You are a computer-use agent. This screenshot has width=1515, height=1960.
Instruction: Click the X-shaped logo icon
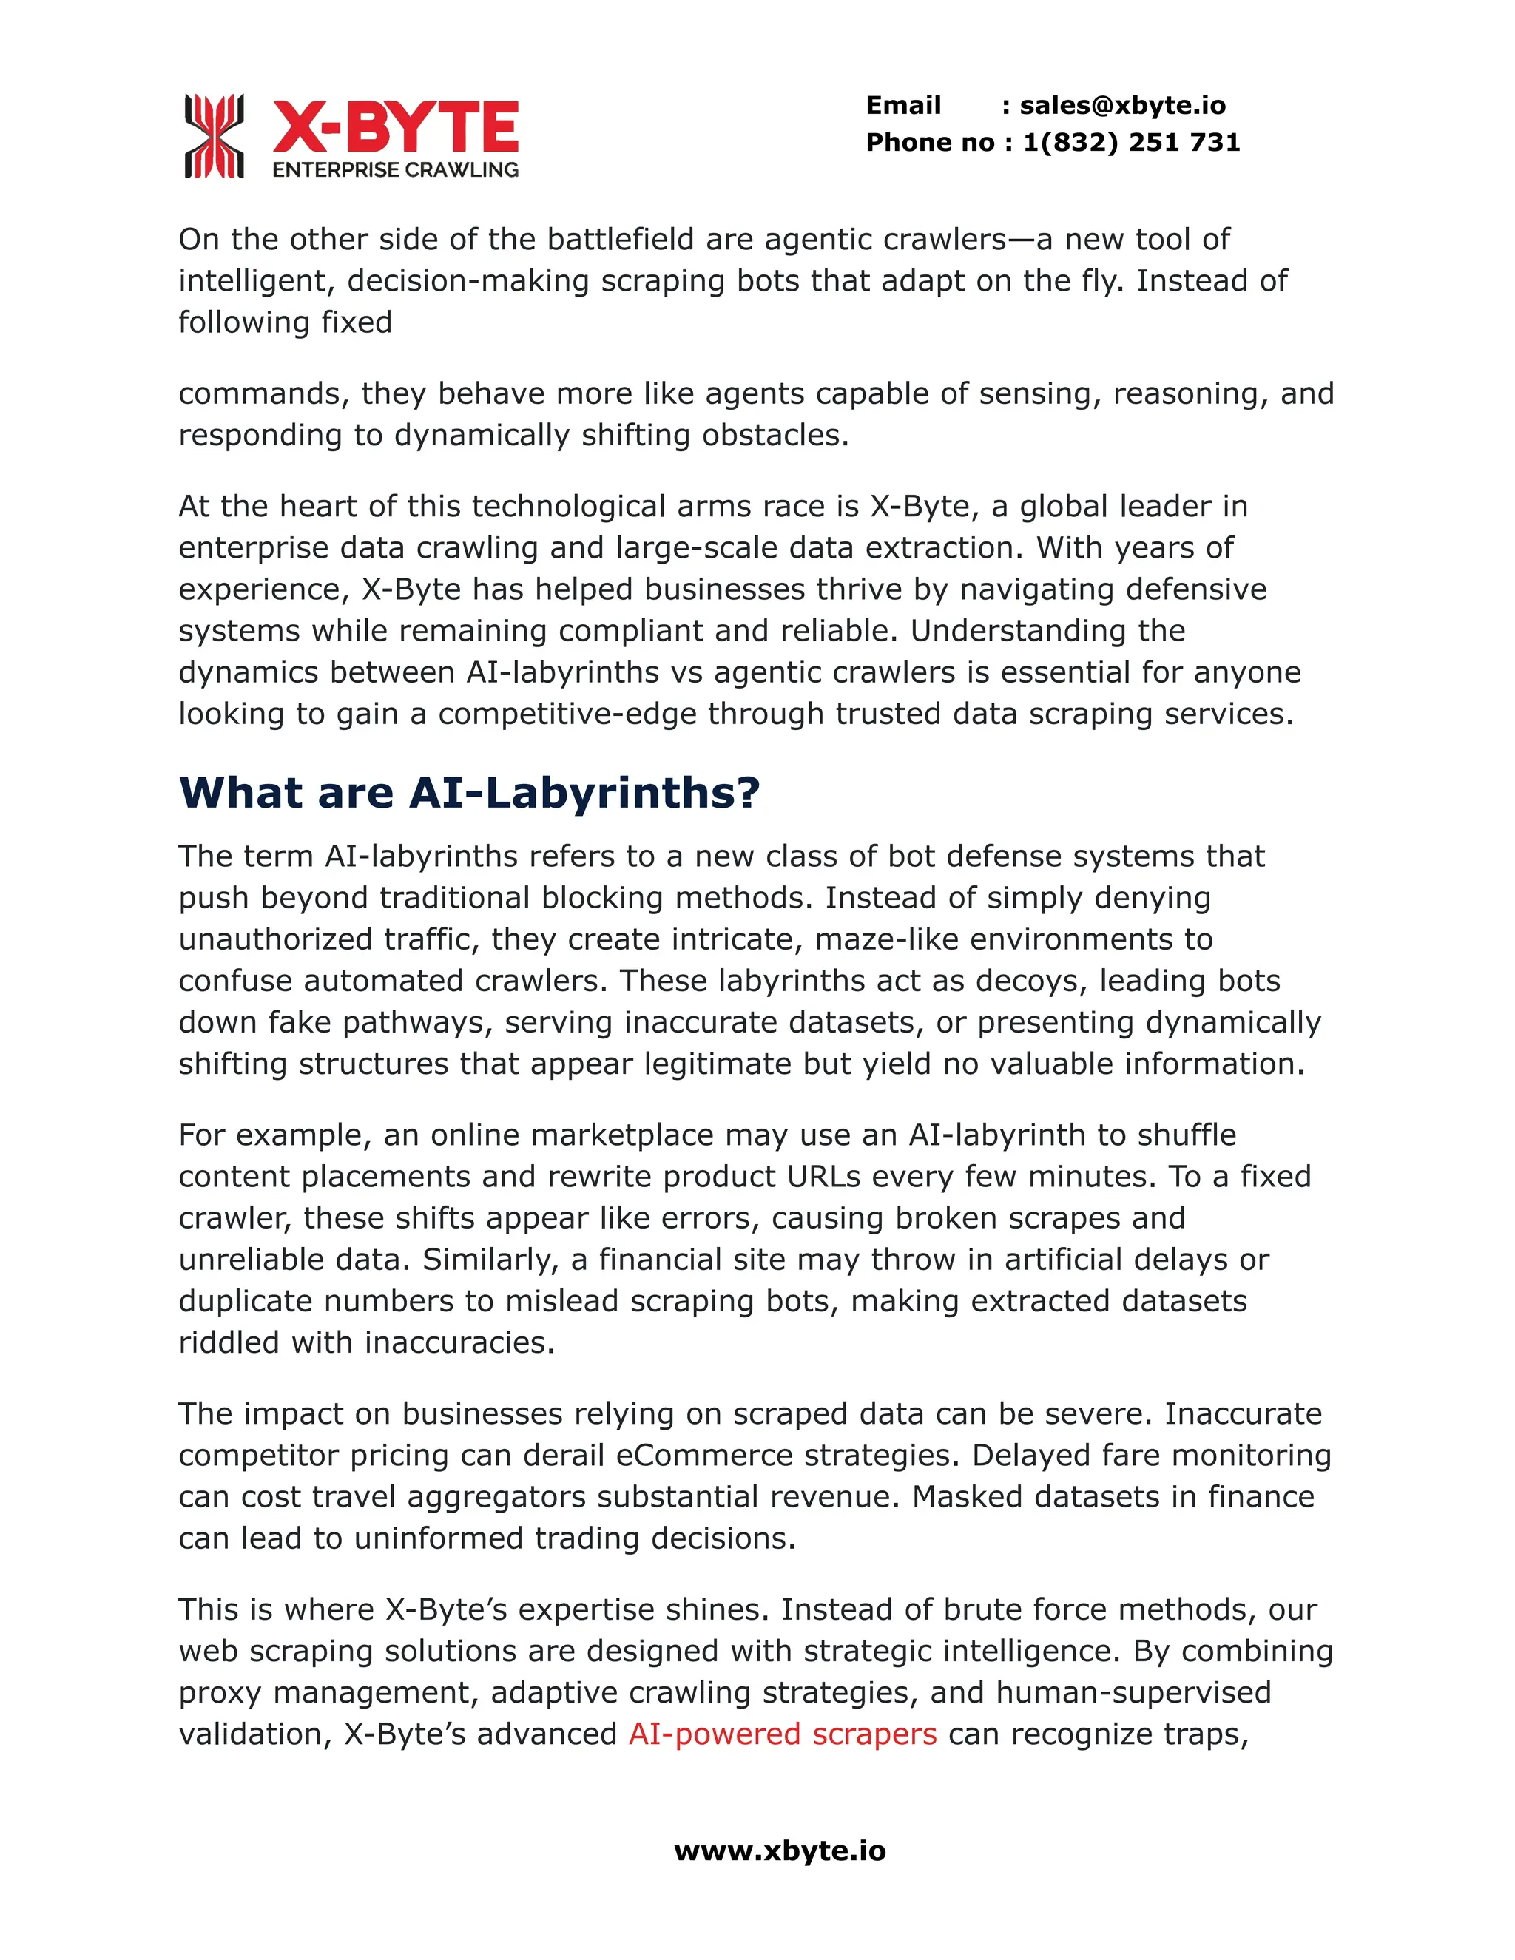[x=214, y=135]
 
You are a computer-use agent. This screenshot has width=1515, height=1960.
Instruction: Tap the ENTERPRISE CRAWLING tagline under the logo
[x=395, y=169]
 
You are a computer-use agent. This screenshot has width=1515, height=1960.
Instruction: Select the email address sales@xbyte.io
[x=1122, y=105]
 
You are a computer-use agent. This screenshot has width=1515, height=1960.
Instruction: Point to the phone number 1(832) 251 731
[x=1131, y=142]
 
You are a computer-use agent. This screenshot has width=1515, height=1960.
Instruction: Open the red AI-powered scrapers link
[x=782, y=1733]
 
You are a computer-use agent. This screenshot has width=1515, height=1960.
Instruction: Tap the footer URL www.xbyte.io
[x=779, y=1851]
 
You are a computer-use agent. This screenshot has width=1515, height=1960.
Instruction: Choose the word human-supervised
[x=1133, y=1692]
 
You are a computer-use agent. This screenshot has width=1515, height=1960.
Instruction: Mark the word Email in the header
[x=903, y=105]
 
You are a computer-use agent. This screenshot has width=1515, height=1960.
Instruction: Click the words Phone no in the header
[x=930, y=142]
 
